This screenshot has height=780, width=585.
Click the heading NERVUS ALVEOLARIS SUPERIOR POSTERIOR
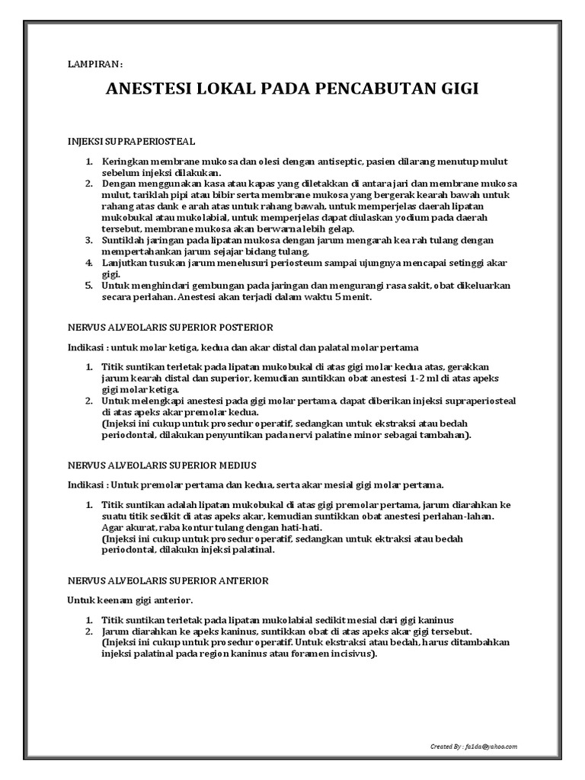171,327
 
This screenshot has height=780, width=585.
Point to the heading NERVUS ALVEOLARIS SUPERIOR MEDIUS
162,465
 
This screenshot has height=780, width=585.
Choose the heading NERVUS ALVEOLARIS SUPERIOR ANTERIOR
168,580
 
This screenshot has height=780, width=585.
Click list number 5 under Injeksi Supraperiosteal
88,285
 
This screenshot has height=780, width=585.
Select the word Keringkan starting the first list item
129,162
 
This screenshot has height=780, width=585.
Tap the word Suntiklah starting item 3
126,240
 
